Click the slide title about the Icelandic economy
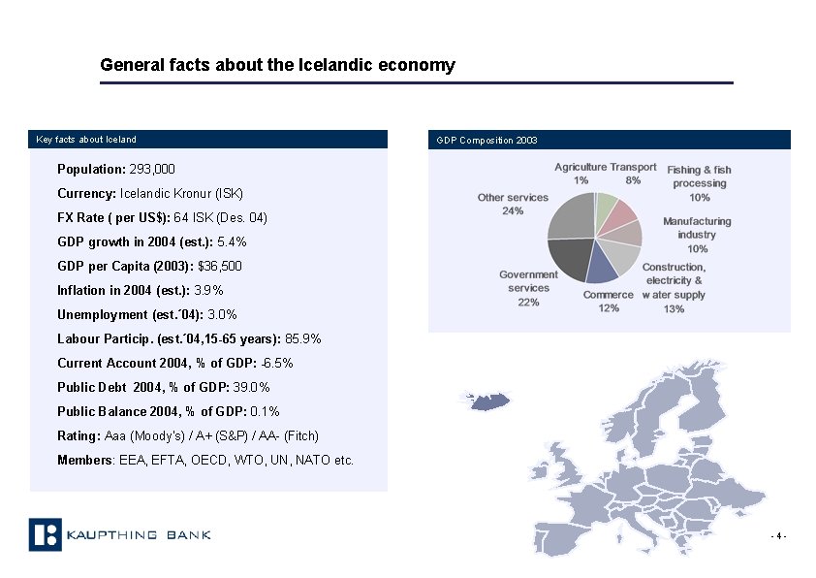pyautogui.click(x=277, y=66)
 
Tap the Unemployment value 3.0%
pyautogui.click(x=223, y=314)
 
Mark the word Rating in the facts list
pyautogui.click(x=78, y=435)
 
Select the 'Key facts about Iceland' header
pyautogui.click(x=87, y=140)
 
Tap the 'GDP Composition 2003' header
pyautogui.click(x=487, y=141)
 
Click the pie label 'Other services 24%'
pyautogui.click(x=514, y=204)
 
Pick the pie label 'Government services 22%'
pyautogui.click(x=529, y=288)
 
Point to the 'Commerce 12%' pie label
pyautogui.click(x=609, y=302)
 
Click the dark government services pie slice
pyautogui.click(x=569, y=257)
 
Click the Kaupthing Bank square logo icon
pyautogui.click(x=45, y=535)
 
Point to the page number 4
pyautogui.click(x=778, y=536)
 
